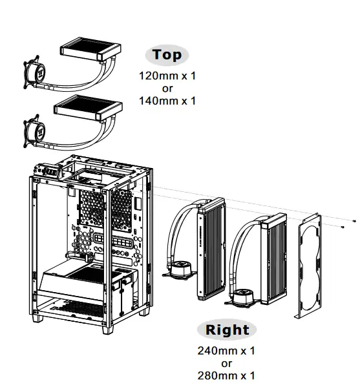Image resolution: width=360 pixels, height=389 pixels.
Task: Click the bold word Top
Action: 167,55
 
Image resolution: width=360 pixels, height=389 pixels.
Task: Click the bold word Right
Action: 227,330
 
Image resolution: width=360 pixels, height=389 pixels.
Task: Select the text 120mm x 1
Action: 167,76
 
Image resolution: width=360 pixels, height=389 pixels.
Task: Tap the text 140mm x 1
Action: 167,101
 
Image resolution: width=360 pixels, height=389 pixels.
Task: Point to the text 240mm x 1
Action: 226,351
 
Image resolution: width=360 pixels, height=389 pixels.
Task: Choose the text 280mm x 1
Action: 226,375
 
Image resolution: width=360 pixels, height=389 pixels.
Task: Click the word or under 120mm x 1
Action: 167,89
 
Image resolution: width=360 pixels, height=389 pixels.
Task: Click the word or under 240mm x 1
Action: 226,363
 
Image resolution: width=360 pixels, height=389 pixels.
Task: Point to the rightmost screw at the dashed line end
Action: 354,222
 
